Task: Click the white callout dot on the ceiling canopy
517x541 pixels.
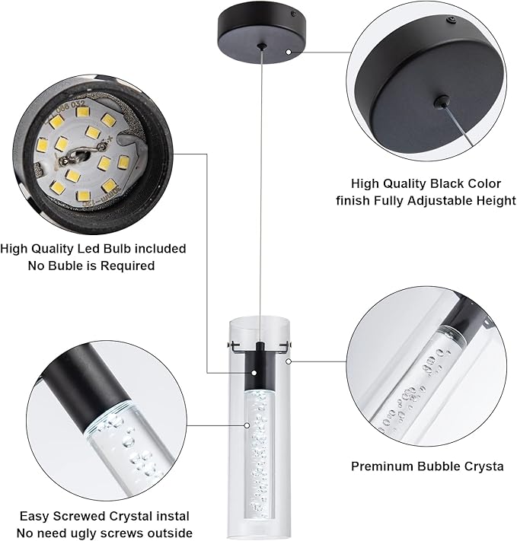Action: pos(289,52)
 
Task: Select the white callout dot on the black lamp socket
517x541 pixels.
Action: pos(254,373)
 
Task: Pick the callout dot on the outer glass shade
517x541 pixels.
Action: pos(289,361)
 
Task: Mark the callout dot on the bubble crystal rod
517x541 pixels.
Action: pos(247,425)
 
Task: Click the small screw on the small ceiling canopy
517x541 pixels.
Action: pos(293,14)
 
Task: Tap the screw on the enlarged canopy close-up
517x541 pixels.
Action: pos(452,21)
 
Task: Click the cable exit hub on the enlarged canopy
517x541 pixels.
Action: pos(442,101)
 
